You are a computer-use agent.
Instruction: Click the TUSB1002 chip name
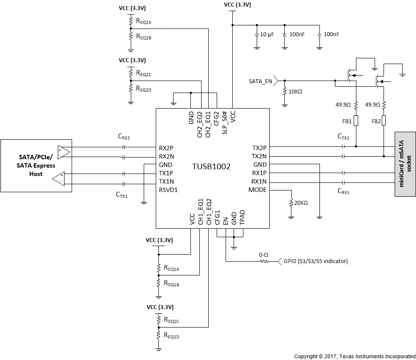point(212,165)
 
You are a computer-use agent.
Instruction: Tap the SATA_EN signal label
point(260,81)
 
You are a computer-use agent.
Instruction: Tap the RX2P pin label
point(166,148)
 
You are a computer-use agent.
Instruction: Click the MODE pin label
point(258,190)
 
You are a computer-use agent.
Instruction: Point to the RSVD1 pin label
point(169,190)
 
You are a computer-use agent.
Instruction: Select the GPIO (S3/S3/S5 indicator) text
point(315,261)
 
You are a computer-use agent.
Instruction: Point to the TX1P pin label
point(166,173)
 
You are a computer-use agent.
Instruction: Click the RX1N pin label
point(258,182)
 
